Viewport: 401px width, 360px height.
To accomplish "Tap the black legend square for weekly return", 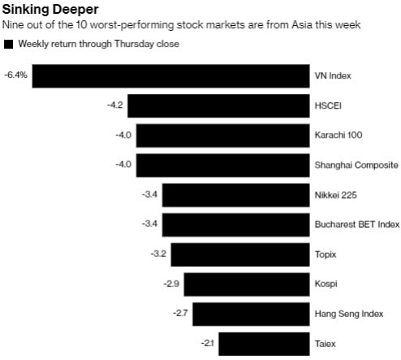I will point(9,44).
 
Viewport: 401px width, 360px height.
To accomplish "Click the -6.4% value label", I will point(15,75).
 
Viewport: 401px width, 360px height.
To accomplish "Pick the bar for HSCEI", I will point(218,105).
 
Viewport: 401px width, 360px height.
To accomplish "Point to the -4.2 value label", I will point(115,105).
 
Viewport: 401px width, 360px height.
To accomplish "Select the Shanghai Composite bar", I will point(222,165).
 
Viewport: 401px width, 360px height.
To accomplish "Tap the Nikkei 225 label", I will point(336,195).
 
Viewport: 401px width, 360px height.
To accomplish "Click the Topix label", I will point(325,254).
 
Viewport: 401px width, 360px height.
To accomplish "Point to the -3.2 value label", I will point(158,254).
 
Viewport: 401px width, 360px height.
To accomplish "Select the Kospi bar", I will point(247,284).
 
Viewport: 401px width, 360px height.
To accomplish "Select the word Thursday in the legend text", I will point(140,44).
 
